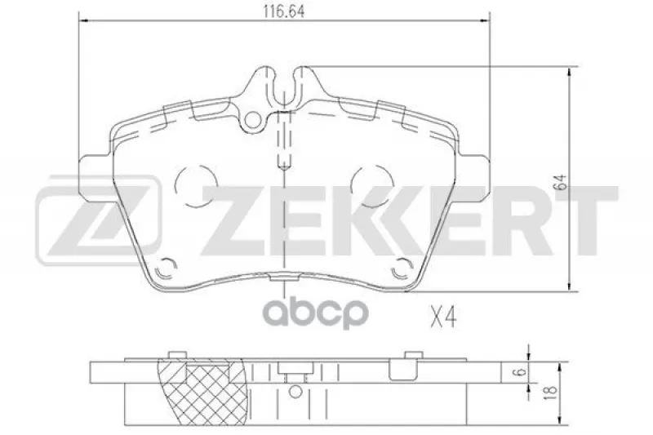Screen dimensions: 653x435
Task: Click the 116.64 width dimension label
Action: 283,11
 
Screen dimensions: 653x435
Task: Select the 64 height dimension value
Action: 562,182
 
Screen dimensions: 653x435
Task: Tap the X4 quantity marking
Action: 443,317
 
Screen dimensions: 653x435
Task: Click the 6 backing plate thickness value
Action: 523,371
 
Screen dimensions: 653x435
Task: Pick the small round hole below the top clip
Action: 251,120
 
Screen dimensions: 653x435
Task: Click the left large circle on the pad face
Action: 196,186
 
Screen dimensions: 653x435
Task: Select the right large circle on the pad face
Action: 372,186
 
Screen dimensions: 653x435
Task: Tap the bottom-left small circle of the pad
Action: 166,269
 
